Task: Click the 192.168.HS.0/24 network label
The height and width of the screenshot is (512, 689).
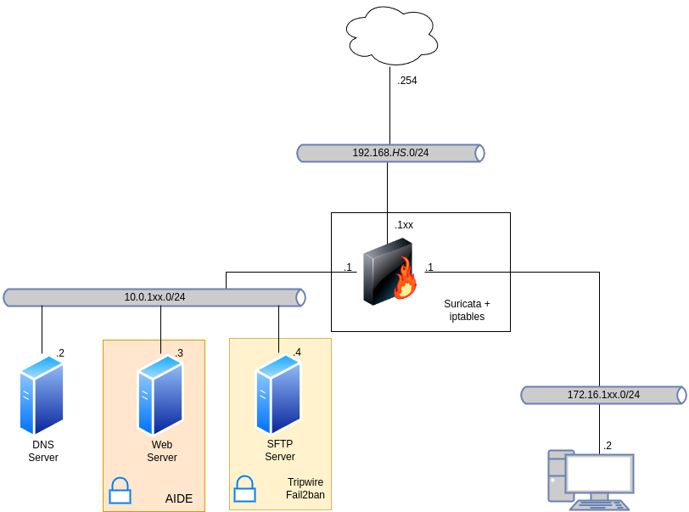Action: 390,153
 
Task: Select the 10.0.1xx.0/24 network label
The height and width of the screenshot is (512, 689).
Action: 154,297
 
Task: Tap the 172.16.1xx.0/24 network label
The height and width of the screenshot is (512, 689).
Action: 603,395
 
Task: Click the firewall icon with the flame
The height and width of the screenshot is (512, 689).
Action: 389,273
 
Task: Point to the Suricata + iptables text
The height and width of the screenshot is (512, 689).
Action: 467,310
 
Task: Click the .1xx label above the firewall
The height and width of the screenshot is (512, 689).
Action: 404,225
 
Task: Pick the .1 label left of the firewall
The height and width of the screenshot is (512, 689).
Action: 348,267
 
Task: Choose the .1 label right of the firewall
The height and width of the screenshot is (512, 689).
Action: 429,267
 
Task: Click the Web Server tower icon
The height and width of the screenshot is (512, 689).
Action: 160,395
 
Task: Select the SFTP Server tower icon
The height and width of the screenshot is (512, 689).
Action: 278,394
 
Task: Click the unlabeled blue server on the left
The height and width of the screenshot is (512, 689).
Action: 42,396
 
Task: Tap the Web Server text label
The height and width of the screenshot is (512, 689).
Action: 162,451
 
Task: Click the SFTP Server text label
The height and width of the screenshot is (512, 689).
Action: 280,450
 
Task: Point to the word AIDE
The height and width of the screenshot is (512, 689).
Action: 179,498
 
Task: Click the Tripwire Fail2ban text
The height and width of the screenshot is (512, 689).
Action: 305,488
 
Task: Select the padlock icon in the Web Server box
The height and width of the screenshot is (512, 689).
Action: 120,491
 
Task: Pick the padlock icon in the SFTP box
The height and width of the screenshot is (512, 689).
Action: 244,488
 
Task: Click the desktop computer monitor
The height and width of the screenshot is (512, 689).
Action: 599,474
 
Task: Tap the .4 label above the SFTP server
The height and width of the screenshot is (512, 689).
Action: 297,352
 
